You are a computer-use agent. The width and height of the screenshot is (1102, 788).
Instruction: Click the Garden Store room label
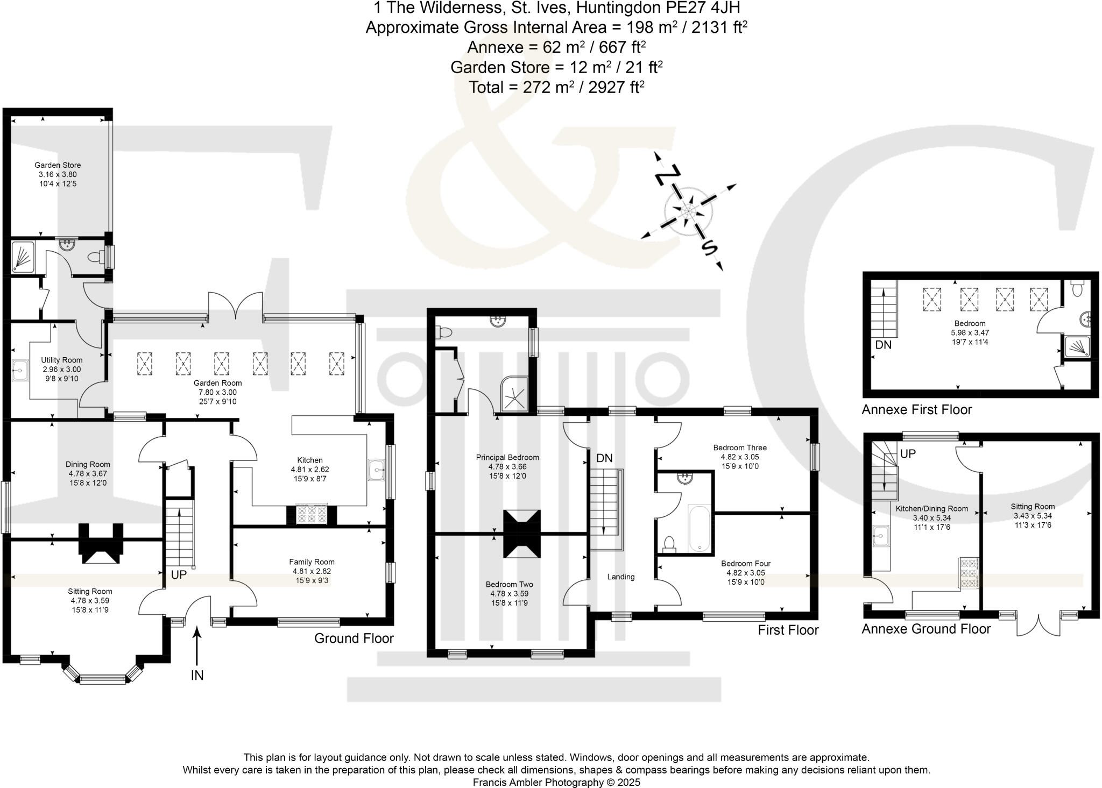(58, 165)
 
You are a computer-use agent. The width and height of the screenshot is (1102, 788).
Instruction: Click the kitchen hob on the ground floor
(312, 514)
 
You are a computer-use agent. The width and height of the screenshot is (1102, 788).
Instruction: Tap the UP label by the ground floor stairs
(179, 575)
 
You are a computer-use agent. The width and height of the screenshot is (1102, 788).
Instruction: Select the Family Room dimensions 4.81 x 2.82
(312, 571)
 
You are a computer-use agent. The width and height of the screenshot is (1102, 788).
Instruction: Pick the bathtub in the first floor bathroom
(699, 528)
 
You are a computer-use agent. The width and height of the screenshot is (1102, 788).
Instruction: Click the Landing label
(621, 577)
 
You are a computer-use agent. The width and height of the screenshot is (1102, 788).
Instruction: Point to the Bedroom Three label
(740, 448)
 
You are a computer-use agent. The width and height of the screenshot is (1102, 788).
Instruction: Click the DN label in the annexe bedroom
(883, 345)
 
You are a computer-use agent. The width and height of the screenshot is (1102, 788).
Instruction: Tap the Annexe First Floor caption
(917, 410)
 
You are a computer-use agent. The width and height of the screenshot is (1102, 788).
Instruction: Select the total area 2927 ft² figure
(616, 87)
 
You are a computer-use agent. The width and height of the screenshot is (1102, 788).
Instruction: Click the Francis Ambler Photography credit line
(556, 782)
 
